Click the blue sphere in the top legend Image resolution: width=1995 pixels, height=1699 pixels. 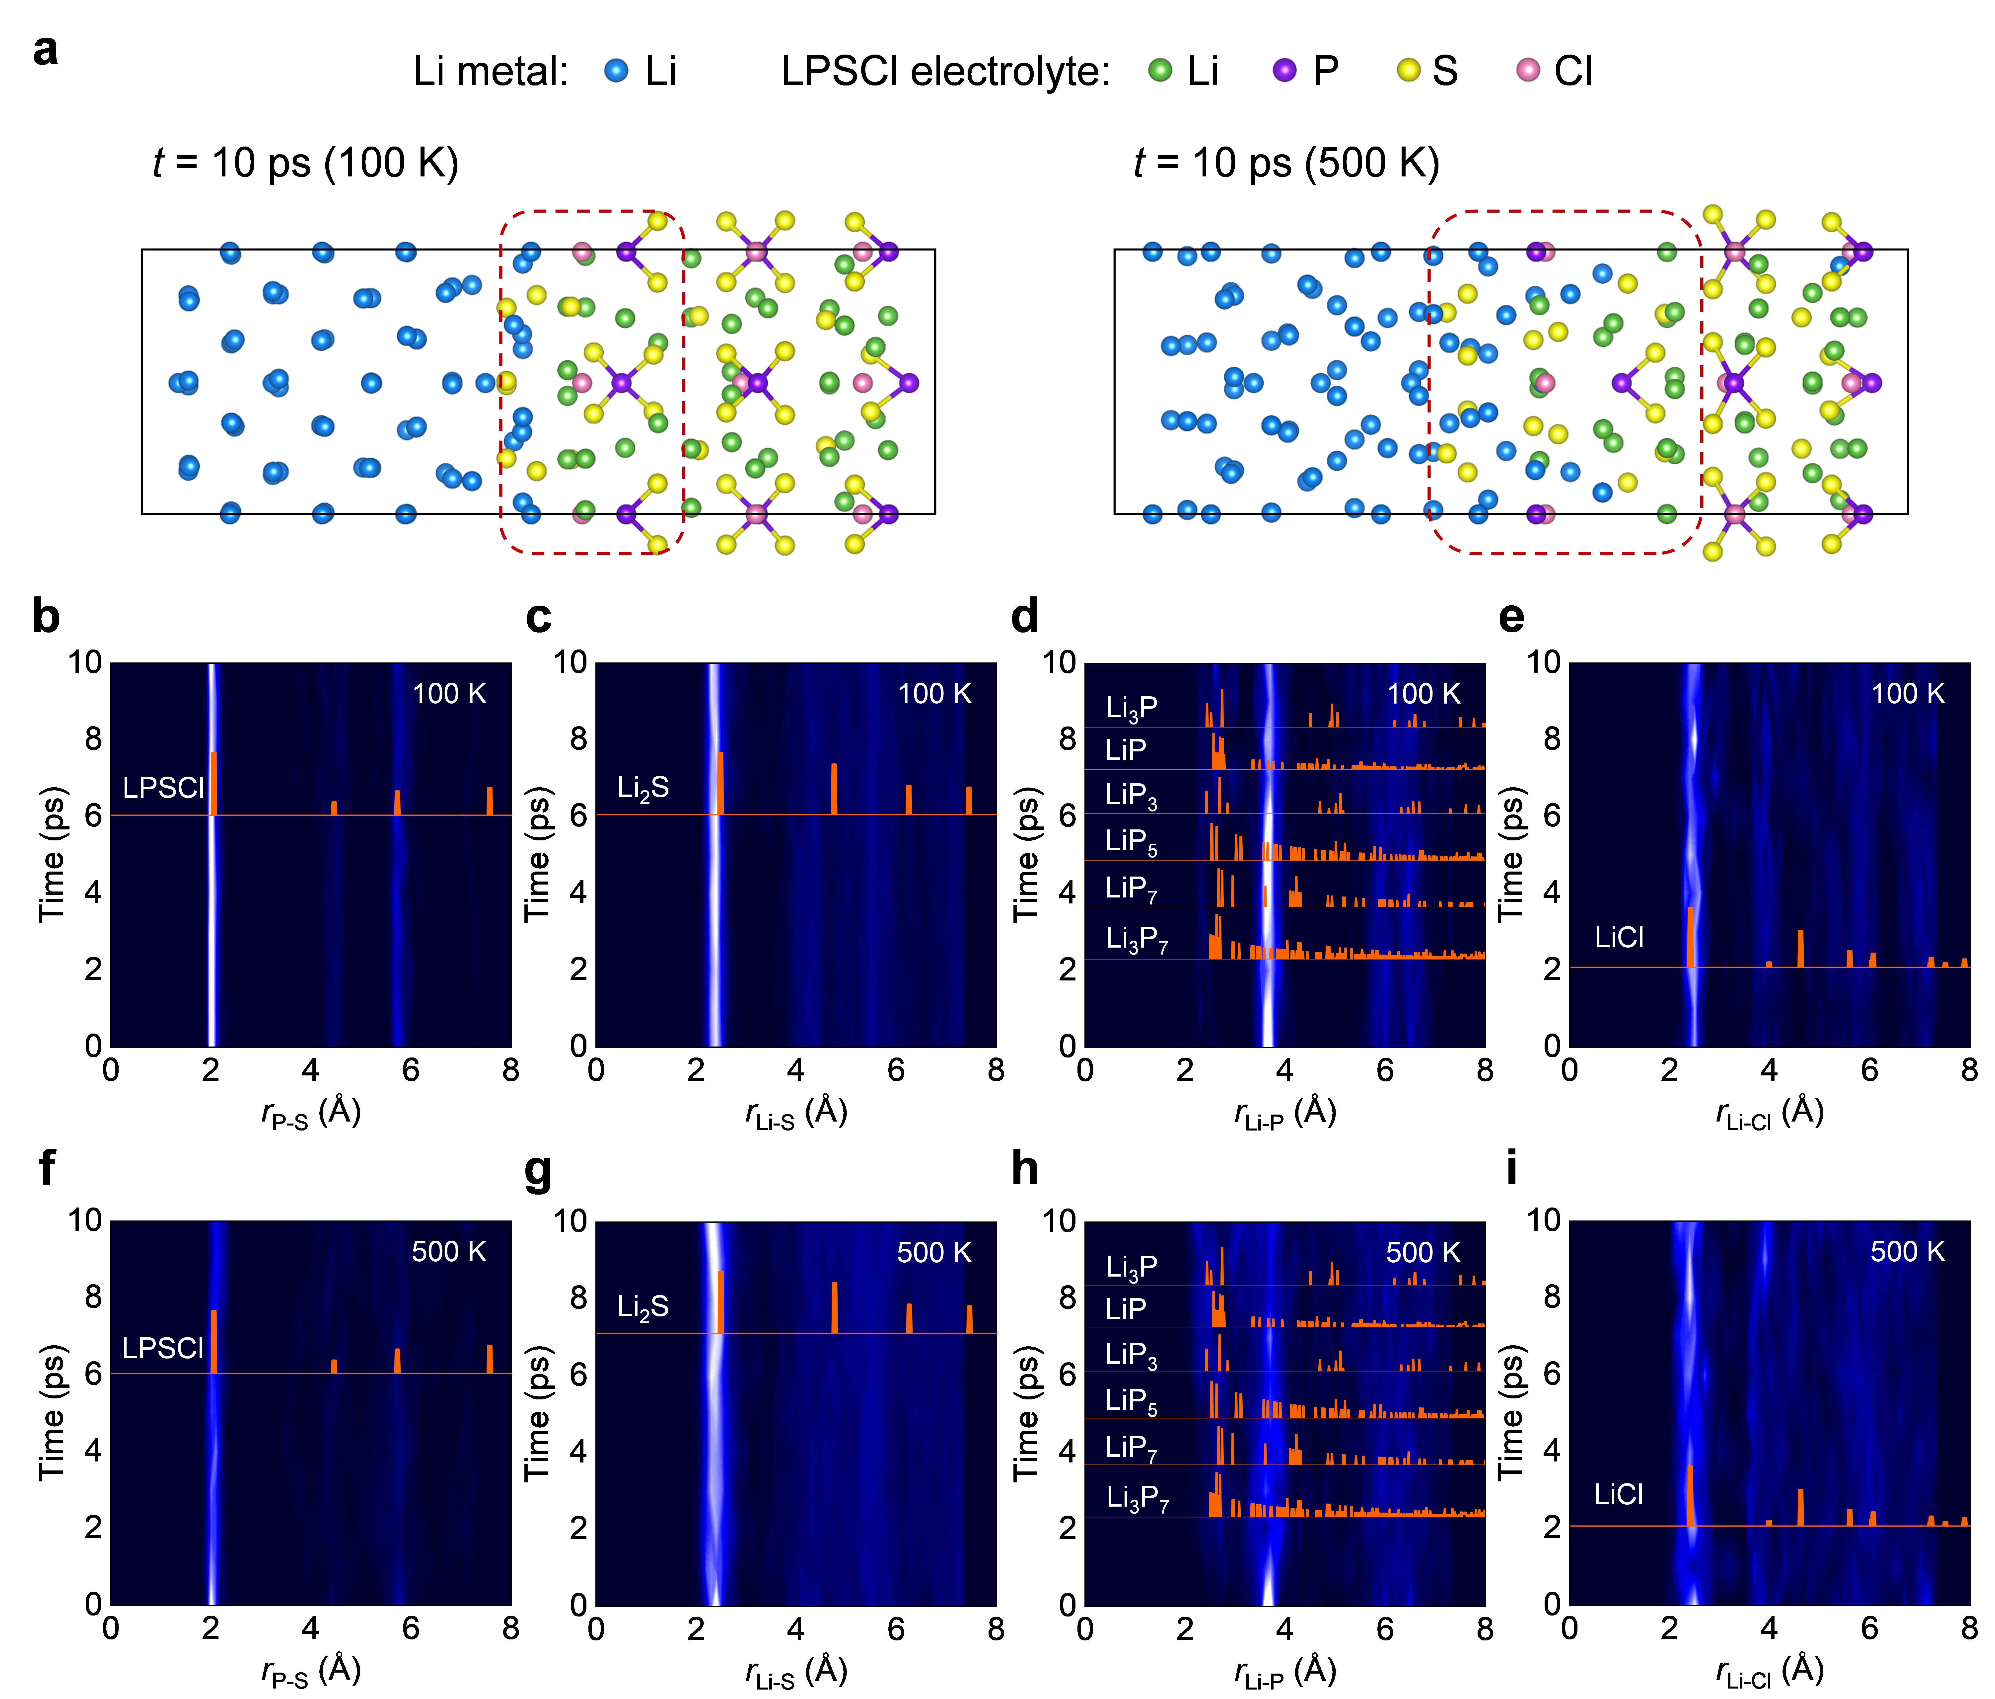coord(616,69)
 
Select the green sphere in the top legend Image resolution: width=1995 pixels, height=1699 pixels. coord(1159,69)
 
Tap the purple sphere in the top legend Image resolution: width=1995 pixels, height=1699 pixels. coord(1283,69)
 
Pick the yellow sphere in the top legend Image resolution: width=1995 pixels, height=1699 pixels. coord(1408,69)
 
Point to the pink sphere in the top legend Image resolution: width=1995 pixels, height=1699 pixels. coord(1528,69)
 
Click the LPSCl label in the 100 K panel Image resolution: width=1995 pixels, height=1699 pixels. coord(163,788)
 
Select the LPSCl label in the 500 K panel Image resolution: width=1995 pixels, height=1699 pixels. coord(163,1347)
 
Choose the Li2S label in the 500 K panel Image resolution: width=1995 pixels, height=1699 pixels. coord(642,1307)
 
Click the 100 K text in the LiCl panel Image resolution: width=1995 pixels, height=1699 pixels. coord(1907,693)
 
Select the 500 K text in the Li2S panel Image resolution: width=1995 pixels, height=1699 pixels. coord(934,1252)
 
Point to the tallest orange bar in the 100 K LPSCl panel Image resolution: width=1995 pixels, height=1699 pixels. coord(214,783)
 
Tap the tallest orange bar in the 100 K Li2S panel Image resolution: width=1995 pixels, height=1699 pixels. coord(720,783)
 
